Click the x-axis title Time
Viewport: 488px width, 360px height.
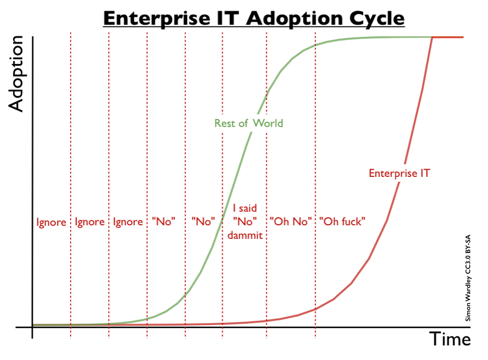450,339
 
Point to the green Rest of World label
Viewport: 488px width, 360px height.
248,123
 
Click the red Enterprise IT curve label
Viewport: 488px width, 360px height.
399,173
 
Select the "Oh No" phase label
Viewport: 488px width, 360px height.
291,222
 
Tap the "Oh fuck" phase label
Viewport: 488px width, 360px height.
343,222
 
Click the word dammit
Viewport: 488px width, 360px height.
245,235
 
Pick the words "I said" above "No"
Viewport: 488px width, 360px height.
245,209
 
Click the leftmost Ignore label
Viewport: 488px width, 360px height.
51,222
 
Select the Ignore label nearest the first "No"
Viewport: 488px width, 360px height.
128,222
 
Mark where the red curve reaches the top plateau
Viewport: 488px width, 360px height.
432,37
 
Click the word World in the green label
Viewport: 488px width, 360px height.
267,123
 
